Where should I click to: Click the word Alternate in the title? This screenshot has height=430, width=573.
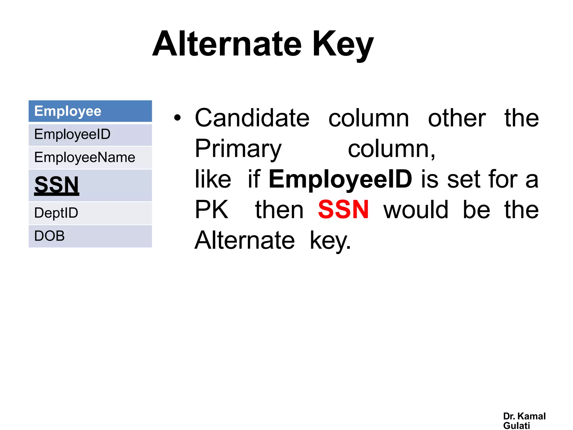pos(227,44)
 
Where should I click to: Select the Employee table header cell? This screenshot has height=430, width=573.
pos(90,111)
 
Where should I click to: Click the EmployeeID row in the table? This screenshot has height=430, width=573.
pos(90,134)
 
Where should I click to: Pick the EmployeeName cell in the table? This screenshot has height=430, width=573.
pos(90,157)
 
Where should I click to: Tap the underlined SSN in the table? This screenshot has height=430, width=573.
pos(57,185)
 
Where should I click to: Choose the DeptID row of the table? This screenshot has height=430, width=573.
pos(90,213)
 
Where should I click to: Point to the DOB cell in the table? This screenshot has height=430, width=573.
pos(90,236)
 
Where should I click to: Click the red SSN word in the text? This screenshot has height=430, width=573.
pos(343,210)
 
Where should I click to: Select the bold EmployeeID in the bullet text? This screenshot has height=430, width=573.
pos(340,179)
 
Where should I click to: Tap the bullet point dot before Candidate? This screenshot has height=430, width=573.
pos(177,118)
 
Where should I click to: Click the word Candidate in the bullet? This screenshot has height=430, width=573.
pos(252,118)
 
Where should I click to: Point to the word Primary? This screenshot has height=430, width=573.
pos(238,149)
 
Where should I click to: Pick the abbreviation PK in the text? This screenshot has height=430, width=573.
pos(212,210)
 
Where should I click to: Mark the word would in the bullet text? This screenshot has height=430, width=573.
pos(416,210)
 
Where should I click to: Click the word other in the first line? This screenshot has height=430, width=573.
pos(457,118)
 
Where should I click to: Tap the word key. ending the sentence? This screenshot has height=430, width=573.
pos(330,240)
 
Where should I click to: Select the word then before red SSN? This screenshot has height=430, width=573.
pos(279,210)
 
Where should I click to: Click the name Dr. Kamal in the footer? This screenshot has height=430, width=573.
pos(524,416)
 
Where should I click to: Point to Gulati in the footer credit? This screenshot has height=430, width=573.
pos(516,426)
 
